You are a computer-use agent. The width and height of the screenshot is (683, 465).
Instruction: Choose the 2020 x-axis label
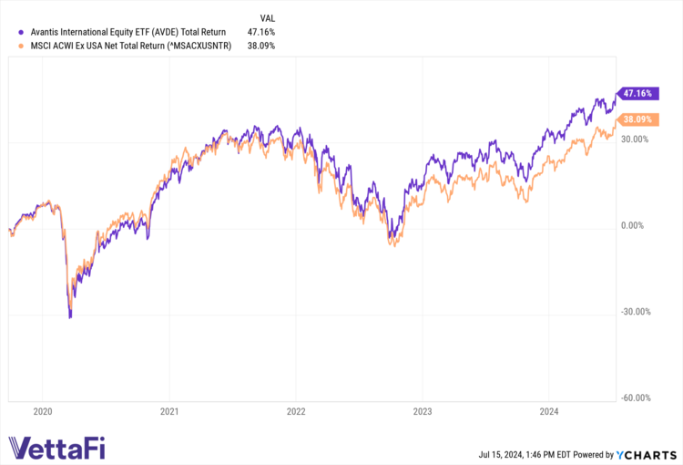click(43, 411)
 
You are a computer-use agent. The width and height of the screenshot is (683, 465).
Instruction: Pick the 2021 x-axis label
click(169, 411)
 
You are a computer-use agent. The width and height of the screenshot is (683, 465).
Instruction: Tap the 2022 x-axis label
click(295, 411)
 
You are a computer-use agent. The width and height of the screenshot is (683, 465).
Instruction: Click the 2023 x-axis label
click(421, 411)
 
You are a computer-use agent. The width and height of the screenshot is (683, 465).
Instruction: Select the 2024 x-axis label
click(546, 411)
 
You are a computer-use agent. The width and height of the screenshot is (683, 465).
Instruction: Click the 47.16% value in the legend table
click(261, 32)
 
